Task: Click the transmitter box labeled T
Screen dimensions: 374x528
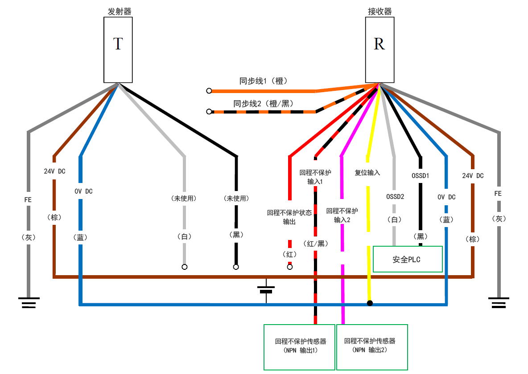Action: click(118, 49)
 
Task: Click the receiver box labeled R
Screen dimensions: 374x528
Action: click(379, 49)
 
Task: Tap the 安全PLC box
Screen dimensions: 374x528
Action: click(408, 259)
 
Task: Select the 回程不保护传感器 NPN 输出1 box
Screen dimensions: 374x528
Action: click(299, 346)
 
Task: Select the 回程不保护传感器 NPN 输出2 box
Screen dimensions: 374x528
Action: click(372, 346)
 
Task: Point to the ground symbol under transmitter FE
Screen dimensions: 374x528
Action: click(29, 303)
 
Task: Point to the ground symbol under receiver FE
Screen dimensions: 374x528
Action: click(499, 303)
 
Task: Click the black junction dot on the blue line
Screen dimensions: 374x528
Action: click(370, 304)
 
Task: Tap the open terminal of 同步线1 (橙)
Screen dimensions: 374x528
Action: click(209, 91)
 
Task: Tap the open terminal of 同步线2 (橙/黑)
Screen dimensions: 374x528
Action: click(209, 112)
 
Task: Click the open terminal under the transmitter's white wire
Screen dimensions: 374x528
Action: click(184, 267)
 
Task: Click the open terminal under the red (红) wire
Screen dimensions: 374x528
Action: click(289, 267)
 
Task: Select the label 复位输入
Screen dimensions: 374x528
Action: click(367, 173)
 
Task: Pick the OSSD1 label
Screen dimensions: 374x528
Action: click(420, 175)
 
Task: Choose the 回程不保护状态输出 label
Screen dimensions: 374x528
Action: click(289, 217)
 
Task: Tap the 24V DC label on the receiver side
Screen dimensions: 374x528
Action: click(473, 175)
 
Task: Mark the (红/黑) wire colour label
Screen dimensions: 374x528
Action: click(315, 243)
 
